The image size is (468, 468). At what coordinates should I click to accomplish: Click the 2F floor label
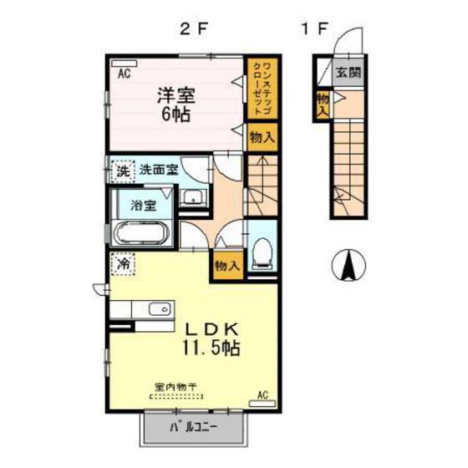[x=193, y=30]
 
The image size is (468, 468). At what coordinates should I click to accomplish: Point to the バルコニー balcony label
[x=194, y=428]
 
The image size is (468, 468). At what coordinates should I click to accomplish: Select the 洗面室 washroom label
[x=159, y=170]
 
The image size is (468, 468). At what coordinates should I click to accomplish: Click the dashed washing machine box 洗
[x=122, y=171]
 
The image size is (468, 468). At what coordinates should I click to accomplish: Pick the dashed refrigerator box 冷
[x=122, y=262]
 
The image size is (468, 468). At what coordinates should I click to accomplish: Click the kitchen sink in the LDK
[x=158, y=310]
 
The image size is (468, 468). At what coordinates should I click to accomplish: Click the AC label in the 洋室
[x=123, y=74]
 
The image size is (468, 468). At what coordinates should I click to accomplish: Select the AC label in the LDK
[x=262, y=394]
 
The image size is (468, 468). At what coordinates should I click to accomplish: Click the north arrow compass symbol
[x=348, y=267]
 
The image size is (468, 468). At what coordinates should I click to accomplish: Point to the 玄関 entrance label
[x=348, y=73]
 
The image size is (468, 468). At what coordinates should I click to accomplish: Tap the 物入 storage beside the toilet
[x=227, y=265]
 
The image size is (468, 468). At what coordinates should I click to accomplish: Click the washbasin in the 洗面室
[x=192, y=198]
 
